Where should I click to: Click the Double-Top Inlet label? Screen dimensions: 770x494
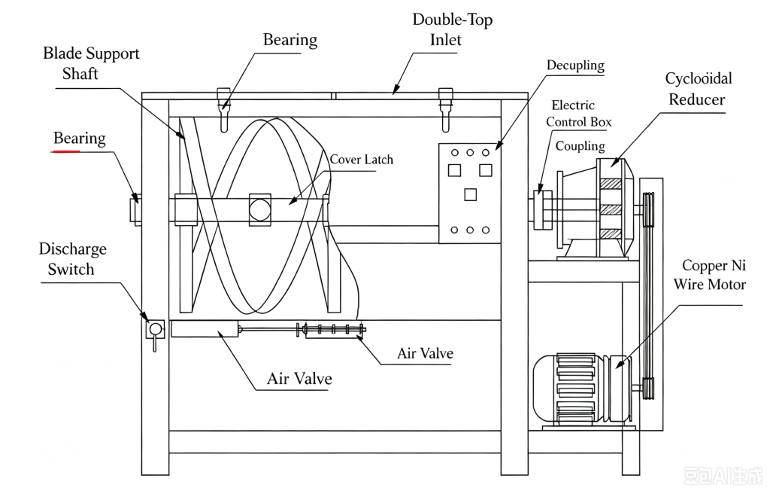point(452,29)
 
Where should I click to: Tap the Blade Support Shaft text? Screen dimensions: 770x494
point(91,63)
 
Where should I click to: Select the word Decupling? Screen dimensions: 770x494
point(575,66)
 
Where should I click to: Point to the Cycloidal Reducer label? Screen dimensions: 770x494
point(698,89)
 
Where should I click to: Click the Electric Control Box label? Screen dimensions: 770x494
point(578,114)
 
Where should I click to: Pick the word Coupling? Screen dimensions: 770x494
point(580,146)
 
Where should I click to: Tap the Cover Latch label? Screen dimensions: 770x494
point(361,160)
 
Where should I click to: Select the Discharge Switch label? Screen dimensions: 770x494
point(72,259)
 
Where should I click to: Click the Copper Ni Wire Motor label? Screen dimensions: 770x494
point(710,275)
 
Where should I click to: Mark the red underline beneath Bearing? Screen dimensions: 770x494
point(66,151)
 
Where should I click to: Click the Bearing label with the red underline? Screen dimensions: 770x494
point(79,139)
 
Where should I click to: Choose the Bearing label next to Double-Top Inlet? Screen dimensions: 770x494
point(290,40)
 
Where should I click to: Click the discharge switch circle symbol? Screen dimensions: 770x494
point(156,328)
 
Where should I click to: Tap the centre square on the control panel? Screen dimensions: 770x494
point(470,195)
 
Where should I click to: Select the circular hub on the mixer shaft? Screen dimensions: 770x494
point(259,209)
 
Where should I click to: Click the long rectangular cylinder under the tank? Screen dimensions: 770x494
point(205,328)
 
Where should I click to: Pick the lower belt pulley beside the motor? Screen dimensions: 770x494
point(649,388)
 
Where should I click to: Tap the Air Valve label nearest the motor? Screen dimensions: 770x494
point(425,353)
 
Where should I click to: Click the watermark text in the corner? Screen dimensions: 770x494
point(723,476)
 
